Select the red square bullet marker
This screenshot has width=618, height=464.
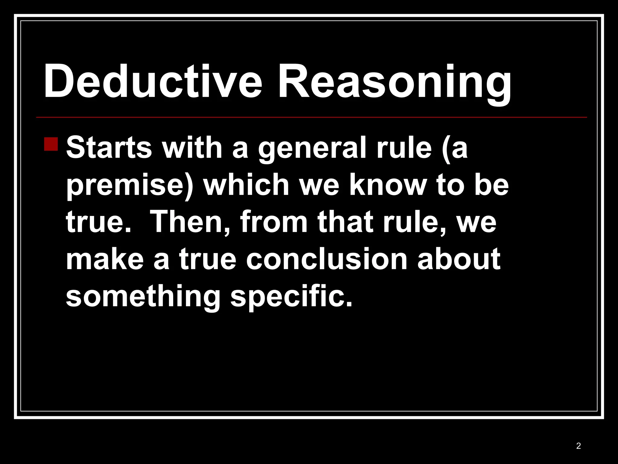(51, 144)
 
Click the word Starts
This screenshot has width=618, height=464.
(109, 148)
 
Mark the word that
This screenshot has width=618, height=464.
(345, 222)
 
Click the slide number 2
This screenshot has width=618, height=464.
(578, 446)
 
